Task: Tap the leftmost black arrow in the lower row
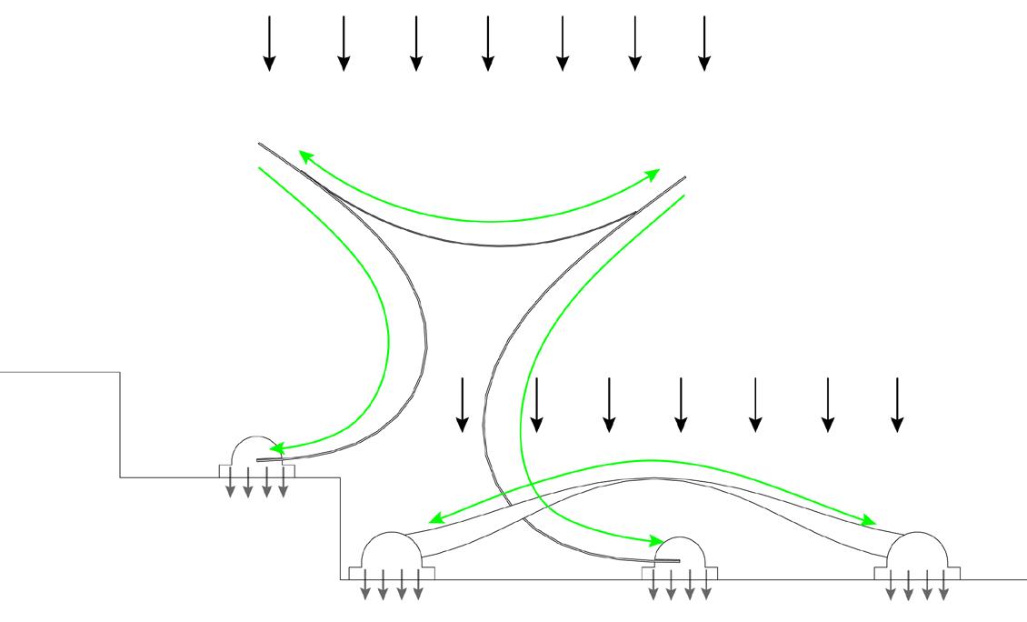coord(463,404)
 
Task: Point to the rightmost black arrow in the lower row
coord(898,404)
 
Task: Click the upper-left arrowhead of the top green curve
coord(305,155)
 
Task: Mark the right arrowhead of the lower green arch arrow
coord(870,523)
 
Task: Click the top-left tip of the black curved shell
coord(260,145)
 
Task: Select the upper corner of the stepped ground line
coord(120,373)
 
